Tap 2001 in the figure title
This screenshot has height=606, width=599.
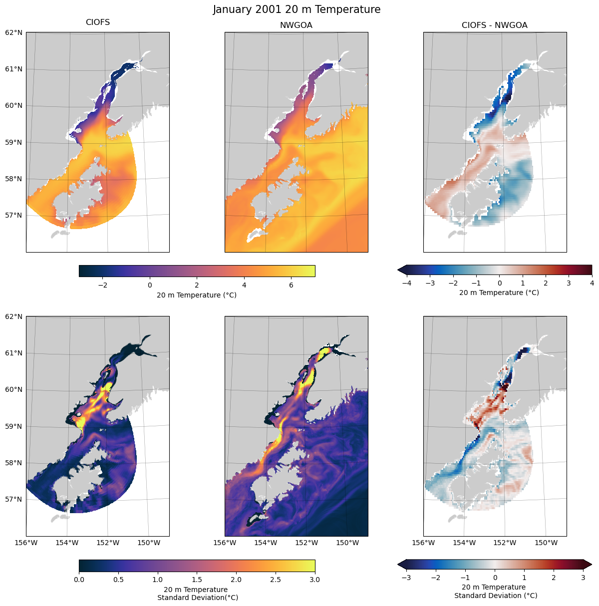270,9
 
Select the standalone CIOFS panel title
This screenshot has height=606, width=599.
98,22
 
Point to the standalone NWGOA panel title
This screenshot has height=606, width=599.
296,25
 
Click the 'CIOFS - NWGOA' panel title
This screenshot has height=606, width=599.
495,25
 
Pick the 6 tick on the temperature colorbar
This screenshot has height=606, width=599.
291,285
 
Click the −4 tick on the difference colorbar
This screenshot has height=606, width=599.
406,283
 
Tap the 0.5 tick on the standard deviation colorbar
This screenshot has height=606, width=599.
118,580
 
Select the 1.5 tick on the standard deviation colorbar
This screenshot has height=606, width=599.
197,580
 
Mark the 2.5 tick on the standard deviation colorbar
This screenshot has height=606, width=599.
276,580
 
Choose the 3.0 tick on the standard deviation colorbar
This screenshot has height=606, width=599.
315,580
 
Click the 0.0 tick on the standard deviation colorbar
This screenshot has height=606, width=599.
79,580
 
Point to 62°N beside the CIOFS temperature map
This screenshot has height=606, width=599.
13,32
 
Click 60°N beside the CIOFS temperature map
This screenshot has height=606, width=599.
13,105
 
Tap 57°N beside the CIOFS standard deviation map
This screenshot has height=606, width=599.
13,499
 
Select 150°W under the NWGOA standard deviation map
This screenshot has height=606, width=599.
347,543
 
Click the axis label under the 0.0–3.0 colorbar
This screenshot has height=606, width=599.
197,594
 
